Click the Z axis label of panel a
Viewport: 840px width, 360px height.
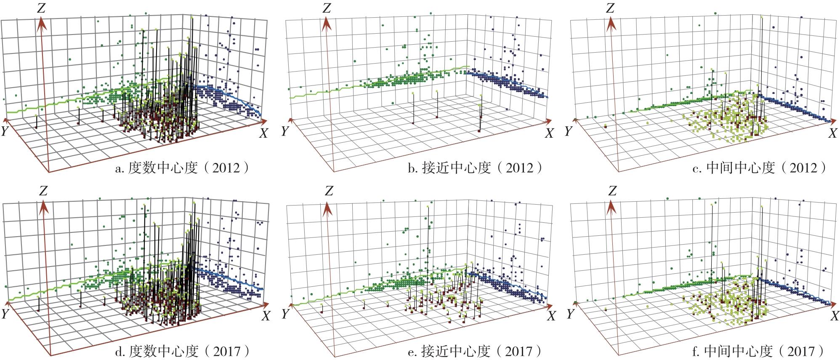(x=41, y=8)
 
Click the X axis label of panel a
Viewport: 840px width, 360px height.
(x=263, y=133)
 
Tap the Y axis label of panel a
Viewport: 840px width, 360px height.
(x=5, y=131)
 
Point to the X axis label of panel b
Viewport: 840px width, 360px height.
(x=549, y=133)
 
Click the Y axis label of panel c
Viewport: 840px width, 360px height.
(x=569, y=131)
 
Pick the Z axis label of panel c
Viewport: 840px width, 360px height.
(x=609, y=8)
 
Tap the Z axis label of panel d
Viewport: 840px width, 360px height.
(x=43, y=191)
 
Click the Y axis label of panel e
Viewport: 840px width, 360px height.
(x=285, y=314)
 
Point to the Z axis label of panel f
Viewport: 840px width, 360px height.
(x=612, y=191)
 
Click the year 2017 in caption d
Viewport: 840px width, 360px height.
(x=228, y=351)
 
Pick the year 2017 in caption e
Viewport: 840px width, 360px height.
(x=518, y=351)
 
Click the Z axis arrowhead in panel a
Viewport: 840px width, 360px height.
(x=41, y=23)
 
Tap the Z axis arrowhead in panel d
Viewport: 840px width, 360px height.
(x=43, y=206)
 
